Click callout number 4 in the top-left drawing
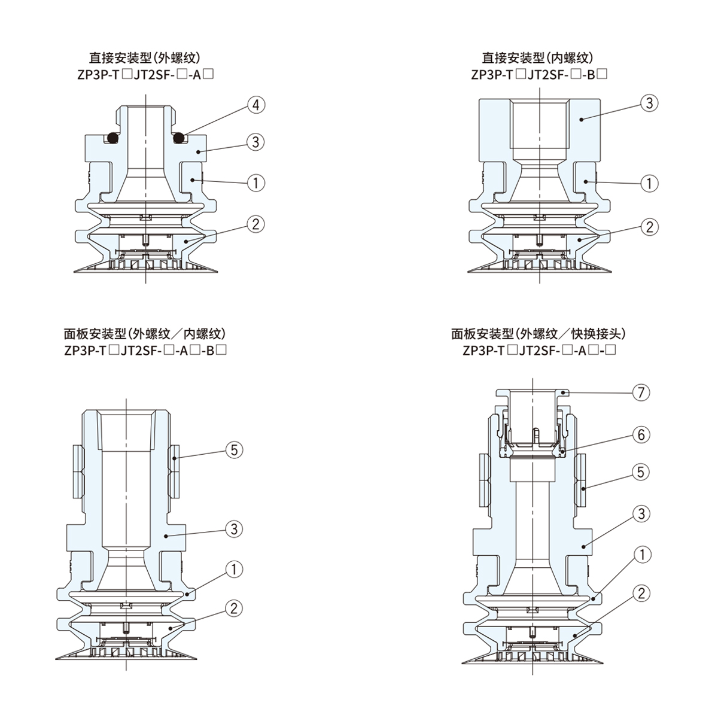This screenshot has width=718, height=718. click(255, 105)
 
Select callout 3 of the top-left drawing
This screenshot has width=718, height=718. click(255, 142)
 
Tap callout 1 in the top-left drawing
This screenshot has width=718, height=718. click(255, 182)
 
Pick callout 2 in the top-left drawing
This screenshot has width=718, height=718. click(255, 224)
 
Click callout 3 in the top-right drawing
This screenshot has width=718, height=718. click(649, 103)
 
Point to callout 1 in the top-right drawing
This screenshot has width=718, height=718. click(649, 182)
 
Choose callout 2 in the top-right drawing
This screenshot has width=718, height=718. click(649, 227)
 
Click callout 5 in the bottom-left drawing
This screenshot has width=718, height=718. click(234, 449)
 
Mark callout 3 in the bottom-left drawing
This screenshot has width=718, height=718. click(234, 529)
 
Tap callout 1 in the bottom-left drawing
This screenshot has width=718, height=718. click(234, 570)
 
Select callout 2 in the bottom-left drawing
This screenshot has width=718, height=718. click(234, 609)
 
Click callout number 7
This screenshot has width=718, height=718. click(641, 393)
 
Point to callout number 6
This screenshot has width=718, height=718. click(641, 434)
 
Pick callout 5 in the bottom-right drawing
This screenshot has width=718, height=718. click(641, 473)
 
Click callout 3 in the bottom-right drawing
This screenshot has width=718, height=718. click(641, 513)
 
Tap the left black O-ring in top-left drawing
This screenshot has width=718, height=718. click(111, 138)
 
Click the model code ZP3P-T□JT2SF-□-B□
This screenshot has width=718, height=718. click(539, 75)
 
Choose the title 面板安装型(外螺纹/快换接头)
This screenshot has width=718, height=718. click(539, 334)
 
